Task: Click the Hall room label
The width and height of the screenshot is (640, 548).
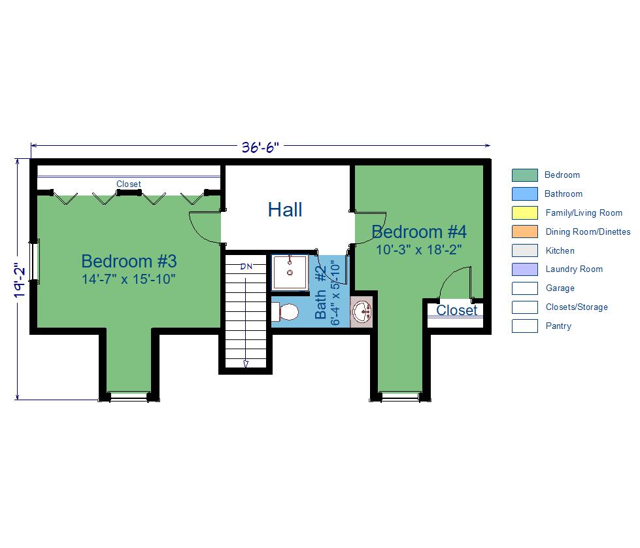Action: point(285,210)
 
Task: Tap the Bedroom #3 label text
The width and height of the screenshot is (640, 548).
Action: point(129,261)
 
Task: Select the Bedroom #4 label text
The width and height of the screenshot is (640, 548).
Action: point(419,232)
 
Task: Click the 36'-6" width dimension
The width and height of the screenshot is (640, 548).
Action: point(260,146)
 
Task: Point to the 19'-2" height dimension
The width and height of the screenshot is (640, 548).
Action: point(19,280)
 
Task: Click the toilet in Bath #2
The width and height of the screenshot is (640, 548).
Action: point(285,312)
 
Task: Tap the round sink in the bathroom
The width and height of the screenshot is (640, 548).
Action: point(362,312)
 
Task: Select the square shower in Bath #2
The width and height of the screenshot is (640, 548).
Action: point(290,273)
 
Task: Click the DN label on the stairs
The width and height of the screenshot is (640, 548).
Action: point(246,267)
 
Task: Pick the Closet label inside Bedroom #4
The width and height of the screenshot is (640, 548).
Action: point(456,311)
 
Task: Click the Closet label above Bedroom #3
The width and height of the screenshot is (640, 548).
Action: point(129,184)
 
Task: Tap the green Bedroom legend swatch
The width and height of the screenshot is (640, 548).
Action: point(524,175)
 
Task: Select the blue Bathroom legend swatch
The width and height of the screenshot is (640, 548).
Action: point(524,194)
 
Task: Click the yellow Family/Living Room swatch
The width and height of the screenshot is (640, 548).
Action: point(524,213)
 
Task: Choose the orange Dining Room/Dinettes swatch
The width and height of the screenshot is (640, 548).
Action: point(524,231)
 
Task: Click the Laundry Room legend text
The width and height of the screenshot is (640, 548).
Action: point(574,269)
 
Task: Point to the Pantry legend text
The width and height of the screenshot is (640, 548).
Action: point(558,326)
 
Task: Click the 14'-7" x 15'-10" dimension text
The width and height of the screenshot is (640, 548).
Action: point(129,279)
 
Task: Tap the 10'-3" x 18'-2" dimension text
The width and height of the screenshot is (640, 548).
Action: point(419,250)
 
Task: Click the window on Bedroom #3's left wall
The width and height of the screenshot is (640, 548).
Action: point(34,262)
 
